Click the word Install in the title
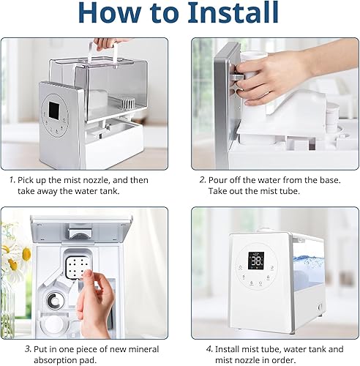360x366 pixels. [233, 12]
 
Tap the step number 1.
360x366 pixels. [12, 180]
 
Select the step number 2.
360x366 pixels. [203, 180]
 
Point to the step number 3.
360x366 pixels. [28, 349]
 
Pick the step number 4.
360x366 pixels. [209, 349]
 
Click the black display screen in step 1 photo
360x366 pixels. [55, 110]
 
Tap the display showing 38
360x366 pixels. [256, 261]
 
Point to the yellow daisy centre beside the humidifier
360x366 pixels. [26, 254]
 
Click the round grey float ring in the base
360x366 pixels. [55, 301]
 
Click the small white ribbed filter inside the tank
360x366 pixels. [127, 103]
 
